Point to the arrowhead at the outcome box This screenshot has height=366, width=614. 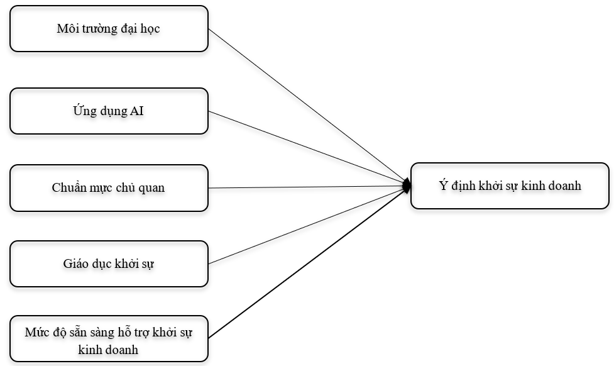407,186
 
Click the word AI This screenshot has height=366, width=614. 137,111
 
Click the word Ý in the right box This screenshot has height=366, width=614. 442,186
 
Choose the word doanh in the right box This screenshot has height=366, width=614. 563,186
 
